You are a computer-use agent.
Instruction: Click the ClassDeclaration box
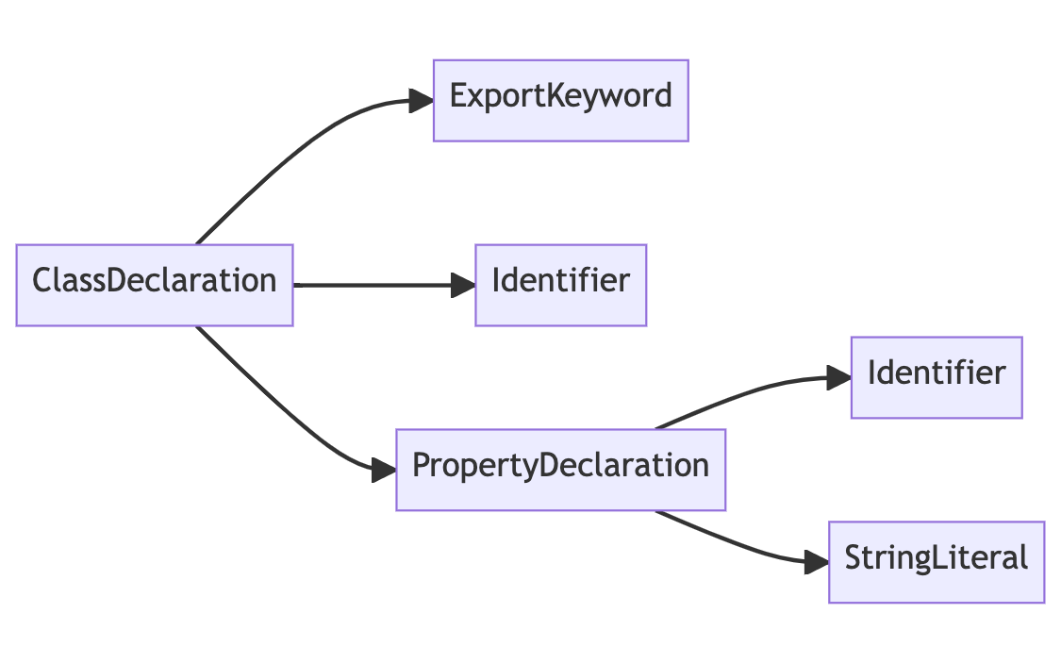tap(154, 285)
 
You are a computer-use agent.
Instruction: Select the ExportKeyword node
tap(560, 100)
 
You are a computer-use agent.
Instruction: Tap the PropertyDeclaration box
tap(560, 470)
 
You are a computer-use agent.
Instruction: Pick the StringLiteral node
tap(936, 562)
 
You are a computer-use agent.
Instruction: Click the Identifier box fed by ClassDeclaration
tap(560, 285)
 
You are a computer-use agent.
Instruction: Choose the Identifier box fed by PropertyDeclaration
tap(936, 377)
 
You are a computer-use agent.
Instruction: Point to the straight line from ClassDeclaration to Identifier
tap(377, 285)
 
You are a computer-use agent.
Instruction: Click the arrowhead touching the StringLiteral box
tap(817, 563)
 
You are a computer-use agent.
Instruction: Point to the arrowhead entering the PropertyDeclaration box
tap(384, 470)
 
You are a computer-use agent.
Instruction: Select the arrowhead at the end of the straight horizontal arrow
tap(463, 285)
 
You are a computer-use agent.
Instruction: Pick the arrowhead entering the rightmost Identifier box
tap(838, 378)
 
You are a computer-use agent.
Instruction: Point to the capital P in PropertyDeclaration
tap(422, 466)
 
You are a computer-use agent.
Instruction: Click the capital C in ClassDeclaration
tap(42, 281)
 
